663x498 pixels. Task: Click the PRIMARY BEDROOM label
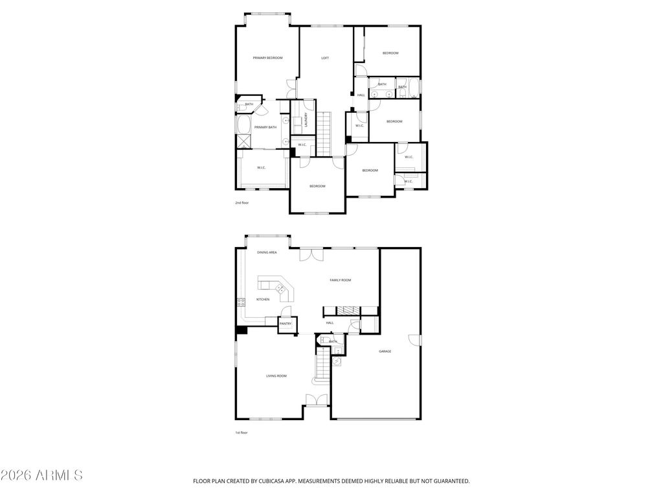(x=267, y=58)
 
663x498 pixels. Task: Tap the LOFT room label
(x=325, y=58)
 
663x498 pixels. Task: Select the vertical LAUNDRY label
(x=305, y=120)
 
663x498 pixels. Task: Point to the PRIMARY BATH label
(x=265, y=127)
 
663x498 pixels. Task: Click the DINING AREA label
(x=267, y=252)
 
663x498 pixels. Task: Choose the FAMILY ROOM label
(x=341, y=280)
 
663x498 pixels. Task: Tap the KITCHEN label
(x=263, y=300)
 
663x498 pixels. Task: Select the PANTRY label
(x=286, y=324)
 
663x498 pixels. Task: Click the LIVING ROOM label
(x=276, y=376)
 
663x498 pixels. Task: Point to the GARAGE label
(x=385, y=351)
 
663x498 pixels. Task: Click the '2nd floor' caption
(x=242, y=203)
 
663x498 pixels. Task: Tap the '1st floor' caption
(x=241, y=433)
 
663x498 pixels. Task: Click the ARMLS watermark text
(x=42, y=475)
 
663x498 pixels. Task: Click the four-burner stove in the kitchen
(x=241, y=302)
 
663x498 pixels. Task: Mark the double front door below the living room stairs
(x=316, y=400)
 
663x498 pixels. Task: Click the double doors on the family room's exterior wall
(x=311, y=254)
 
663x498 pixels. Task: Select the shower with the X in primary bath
(x=245, y=141)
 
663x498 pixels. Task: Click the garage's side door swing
(x=414, y=340)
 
